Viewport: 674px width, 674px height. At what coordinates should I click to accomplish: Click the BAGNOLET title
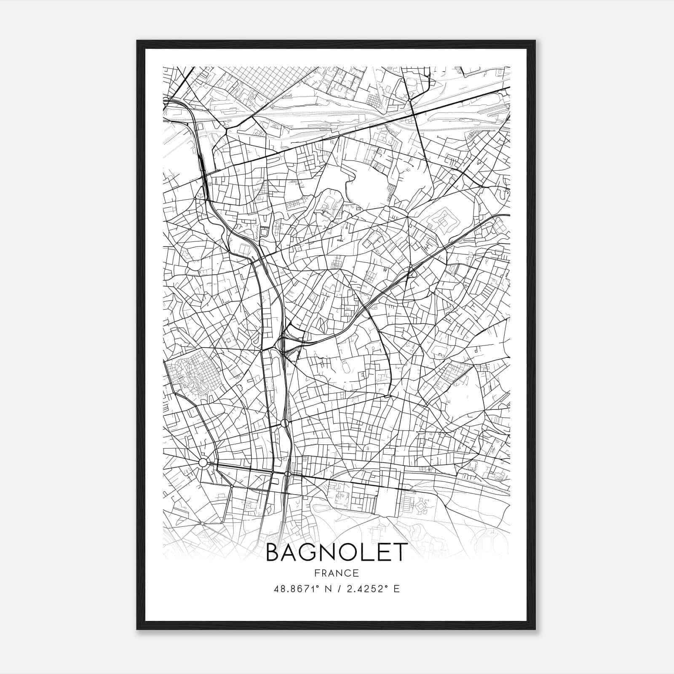click(337, 552)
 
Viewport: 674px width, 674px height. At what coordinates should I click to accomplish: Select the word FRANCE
click(337, 573)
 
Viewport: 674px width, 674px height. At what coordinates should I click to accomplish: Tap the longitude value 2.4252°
click(365, 589)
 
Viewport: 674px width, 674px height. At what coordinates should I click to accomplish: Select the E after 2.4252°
click(396, 589)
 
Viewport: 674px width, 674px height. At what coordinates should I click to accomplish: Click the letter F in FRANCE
click(317, 573)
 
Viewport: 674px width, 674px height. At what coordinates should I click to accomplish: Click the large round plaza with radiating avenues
click(203, 463)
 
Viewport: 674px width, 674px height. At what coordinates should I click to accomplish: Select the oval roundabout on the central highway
click(284, 423)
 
